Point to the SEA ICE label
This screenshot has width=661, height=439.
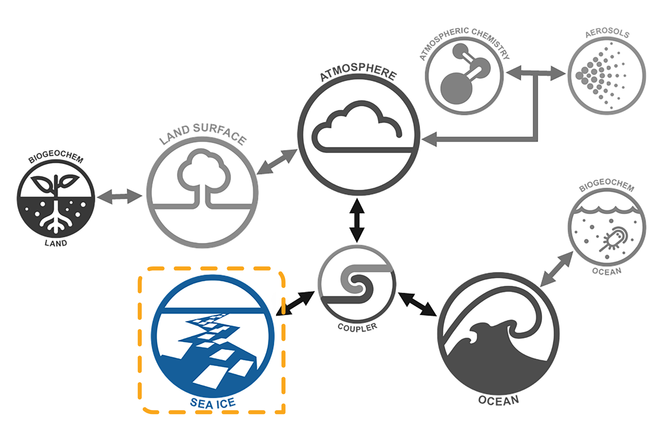click(213, 403)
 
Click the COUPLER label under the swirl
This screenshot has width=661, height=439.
click(358, 327)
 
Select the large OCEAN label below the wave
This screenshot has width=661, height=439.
click(498, 400)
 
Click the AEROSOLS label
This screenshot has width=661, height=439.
click(607, 33)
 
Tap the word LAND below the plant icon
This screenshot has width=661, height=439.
click(56, 243)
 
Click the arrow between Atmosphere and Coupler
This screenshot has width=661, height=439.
click(357, 220)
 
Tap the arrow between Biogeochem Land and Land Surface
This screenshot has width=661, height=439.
click(120, 196)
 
